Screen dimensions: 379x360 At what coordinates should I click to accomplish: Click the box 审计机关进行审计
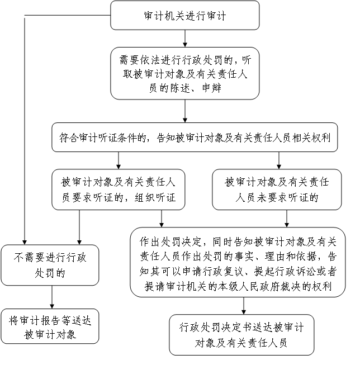point(184,16)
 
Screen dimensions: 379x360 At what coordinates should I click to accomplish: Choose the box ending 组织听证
point(119,190)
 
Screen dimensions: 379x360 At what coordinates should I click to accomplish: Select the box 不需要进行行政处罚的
point(50,265)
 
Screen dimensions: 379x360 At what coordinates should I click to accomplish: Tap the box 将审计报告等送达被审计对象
point(50,326)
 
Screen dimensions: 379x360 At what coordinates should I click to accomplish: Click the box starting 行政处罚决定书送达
point(241,334)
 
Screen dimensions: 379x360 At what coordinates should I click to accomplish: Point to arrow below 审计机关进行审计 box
point(184,38)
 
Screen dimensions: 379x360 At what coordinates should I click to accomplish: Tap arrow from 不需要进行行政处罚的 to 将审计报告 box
point(51,297)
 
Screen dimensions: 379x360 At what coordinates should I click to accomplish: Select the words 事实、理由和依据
point(280,257)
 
